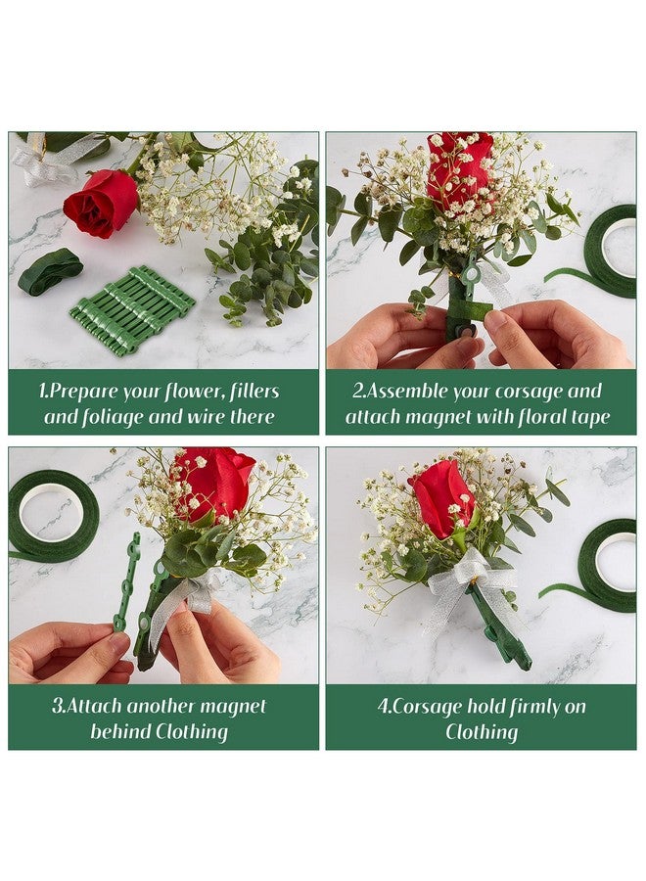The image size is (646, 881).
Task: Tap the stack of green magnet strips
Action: (x=132, y=308)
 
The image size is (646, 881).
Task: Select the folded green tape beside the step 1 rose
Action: (x=50, y=271)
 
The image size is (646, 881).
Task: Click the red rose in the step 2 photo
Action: (x=459, y=168)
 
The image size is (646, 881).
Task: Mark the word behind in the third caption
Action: (x=122, y=731)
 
